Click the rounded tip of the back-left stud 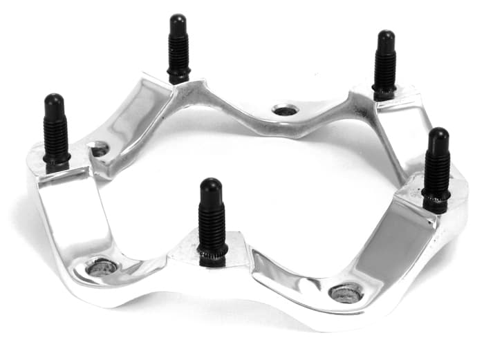178,21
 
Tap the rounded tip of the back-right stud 385,38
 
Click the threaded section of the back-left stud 178,59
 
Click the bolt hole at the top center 285,110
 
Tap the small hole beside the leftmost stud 99,149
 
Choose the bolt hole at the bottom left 102,267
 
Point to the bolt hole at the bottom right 346,292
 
